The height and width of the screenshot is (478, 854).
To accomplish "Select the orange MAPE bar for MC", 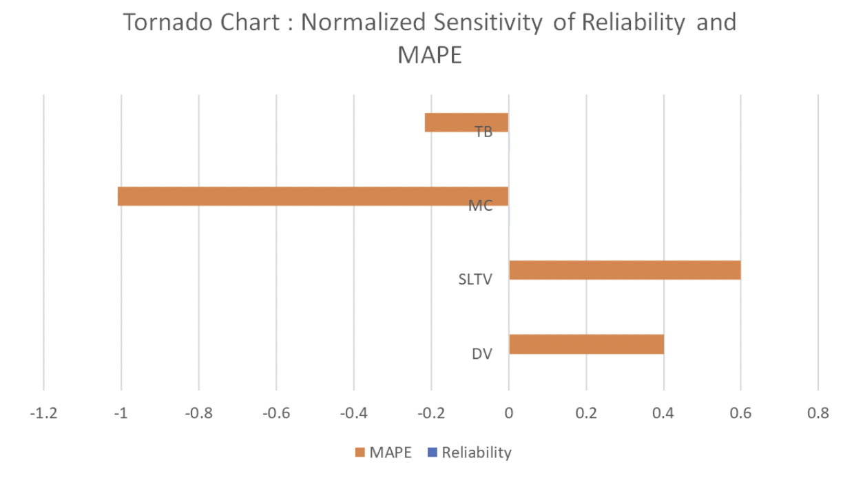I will click(313, 196).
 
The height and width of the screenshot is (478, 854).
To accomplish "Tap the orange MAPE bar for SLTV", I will click(625, 270).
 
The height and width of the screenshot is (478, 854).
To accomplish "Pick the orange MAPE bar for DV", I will click(586, 344).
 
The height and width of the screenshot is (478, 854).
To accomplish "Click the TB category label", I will click(483, 132).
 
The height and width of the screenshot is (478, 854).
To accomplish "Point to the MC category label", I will click(480, 206).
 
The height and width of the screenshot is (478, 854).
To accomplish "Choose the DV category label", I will click(482, 354).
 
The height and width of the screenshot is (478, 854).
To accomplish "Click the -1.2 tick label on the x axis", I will click(43, 413).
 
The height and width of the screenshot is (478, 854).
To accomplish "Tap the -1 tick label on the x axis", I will click(121, 413).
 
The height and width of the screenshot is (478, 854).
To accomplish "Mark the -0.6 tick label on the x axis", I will click(275, 413).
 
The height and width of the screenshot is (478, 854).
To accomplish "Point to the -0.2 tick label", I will click(430, 413).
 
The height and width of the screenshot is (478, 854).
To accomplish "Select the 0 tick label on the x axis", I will click(508, 413).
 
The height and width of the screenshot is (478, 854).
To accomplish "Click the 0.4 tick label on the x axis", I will click(663, 413).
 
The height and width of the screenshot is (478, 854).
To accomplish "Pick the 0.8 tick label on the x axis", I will click(817, 413).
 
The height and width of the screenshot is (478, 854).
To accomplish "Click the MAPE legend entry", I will click(390, 453).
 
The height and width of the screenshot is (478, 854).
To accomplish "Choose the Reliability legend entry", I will click(476, 453).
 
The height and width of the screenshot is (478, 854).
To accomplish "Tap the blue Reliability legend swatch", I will click(432, 453).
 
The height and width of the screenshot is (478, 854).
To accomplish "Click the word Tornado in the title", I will click(165, 23).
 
